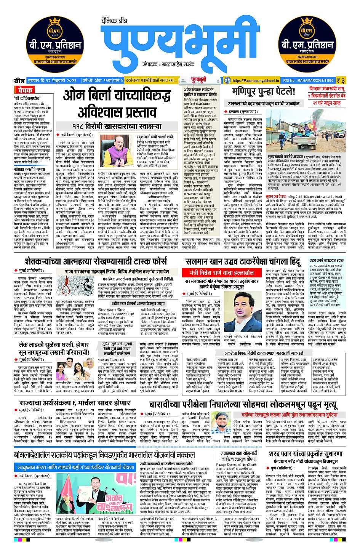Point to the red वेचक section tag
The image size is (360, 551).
25,90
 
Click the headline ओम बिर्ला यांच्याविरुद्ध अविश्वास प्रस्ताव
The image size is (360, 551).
117,104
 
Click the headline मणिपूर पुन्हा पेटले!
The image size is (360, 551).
264,92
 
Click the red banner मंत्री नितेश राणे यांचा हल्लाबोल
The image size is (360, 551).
222,273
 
